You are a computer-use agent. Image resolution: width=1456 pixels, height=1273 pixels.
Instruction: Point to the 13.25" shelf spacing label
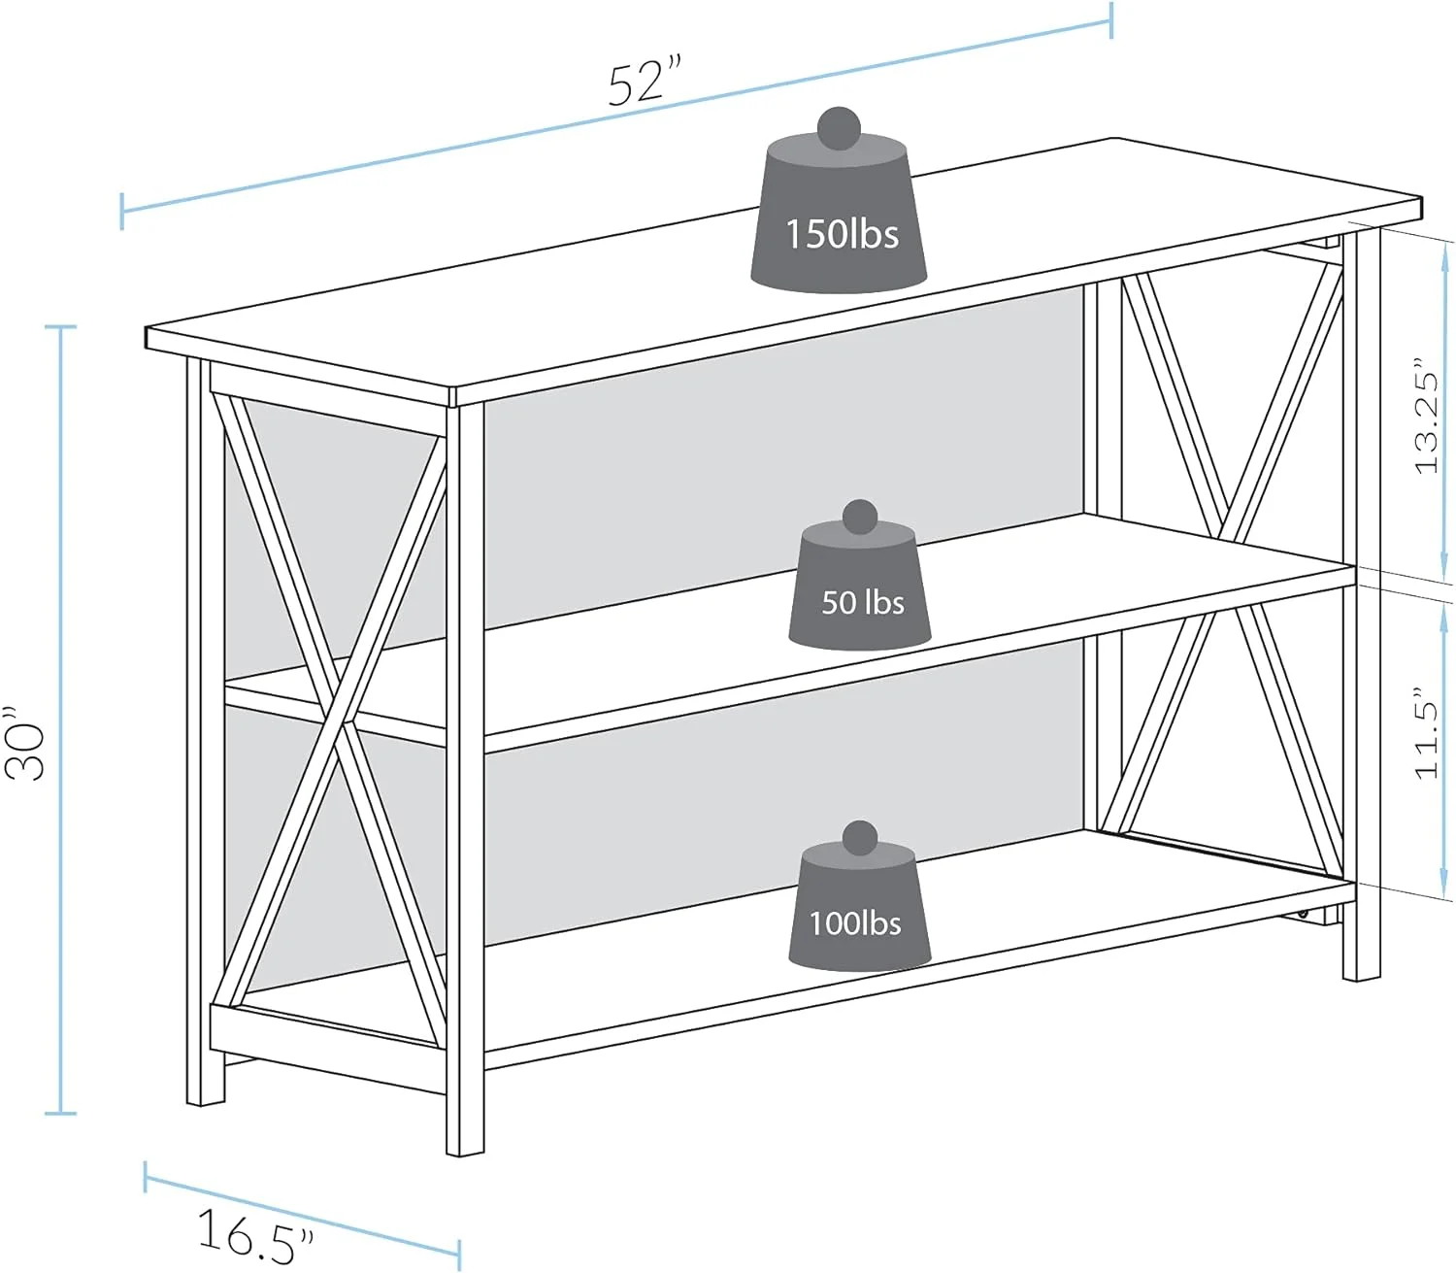[1425, 419]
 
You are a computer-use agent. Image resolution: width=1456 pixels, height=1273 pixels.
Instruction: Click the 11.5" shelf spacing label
[1425, 734]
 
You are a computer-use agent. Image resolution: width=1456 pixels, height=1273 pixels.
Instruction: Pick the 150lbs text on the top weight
[841, 235]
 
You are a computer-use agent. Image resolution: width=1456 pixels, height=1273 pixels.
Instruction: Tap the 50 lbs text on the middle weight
[862, 603]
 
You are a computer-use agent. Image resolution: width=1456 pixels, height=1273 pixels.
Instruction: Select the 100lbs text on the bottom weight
[855, 922]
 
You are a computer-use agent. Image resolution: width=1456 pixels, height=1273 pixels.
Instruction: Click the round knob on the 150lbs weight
[839, 127]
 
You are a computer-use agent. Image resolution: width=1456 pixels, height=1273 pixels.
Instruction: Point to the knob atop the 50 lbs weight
[860, 518]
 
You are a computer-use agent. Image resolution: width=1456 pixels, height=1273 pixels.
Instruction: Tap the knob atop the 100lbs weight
[860, 838]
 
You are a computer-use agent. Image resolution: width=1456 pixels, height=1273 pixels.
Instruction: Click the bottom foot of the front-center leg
[465, 1149]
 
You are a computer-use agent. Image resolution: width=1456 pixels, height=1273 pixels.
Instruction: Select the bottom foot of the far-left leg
[205, 1099]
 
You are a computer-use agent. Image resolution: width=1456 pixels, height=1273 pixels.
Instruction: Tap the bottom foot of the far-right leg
[1361, 973]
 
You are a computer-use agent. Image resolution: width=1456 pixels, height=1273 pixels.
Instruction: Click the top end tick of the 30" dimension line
[60, 328]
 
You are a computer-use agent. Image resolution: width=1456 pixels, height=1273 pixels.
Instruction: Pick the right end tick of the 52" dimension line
[1111, 20]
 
